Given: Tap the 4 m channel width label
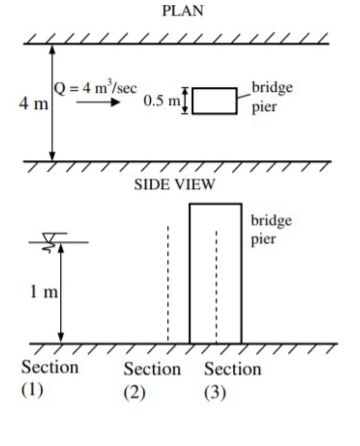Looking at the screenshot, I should [x=33, y=104].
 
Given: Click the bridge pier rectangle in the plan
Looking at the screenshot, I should [x=214, y=101].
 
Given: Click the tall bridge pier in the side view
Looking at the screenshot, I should [x=215, y=273].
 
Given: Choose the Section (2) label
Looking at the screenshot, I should [x=152, y=379].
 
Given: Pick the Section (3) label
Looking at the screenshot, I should [x=233, y=379].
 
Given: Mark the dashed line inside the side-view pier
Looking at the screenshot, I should [x=216, y=288].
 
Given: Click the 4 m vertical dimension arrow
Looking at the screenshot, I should [x=52, y=103].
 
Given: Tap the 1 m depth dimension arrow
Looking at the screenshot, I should [x=61, y=293].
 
